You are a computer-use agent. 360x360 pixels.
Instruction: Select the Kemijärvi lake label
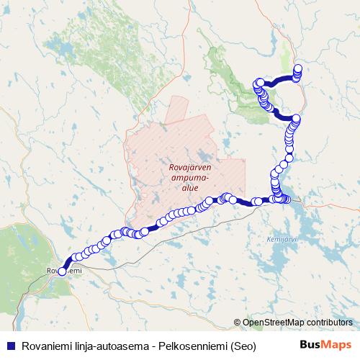tap(278, 239)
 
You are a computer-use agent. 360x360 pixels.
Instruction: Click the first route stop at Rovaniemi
tap(62, 271)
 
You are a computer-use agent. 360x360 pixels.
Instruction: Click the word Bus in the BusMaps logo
tap(310, 343)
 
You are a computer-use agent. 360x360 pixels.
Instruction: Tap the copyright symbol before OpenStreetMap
tap(237, 322)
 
